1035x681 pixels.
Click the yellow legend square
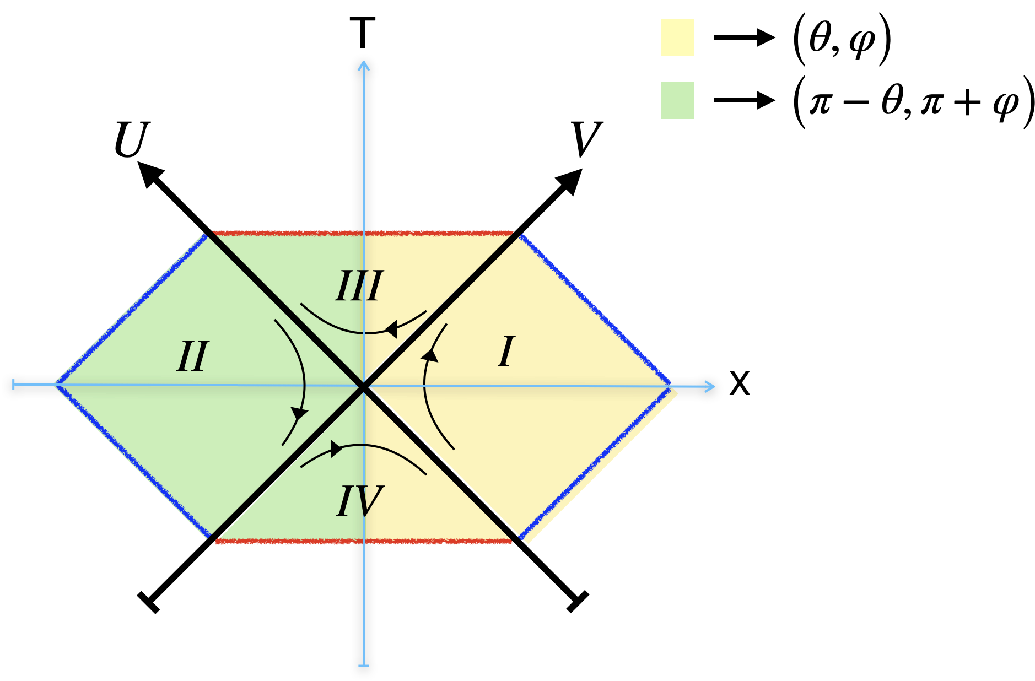[x=677, y=37]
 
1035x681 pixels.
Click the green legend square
[x=677, y=100]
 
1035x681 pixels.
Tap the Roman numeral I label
[x=506, y=352]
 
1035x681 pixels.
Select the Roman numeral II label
[x=192, y=357]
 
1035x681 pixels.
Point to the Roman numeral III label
[x=359, y=286]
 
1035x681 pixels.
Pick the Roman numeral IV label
[x=359, y=501]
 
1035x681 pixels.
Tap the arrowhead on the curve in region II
[x=299, y=413]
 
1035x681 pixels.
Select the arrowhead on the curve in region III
[x=391, y=329]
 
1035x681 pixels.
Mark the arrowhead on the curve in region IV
[x=336, y=448]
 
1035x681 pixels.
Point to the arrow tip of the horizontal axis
[x=713, y=386]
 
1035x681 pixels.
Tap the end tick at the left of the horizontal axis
[x=13, y=384]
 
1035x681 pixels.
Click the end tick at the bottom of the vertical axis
[x=364, y=666]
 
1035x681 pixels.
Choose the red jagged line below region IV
[x=364, y=542]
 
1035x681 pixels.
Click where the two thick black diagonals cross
[x=363, y=387]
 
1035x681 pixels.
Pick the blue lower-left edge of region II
[x=132, y=461]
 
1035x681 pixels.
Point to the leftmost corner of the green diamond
[x=56, y=384]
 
